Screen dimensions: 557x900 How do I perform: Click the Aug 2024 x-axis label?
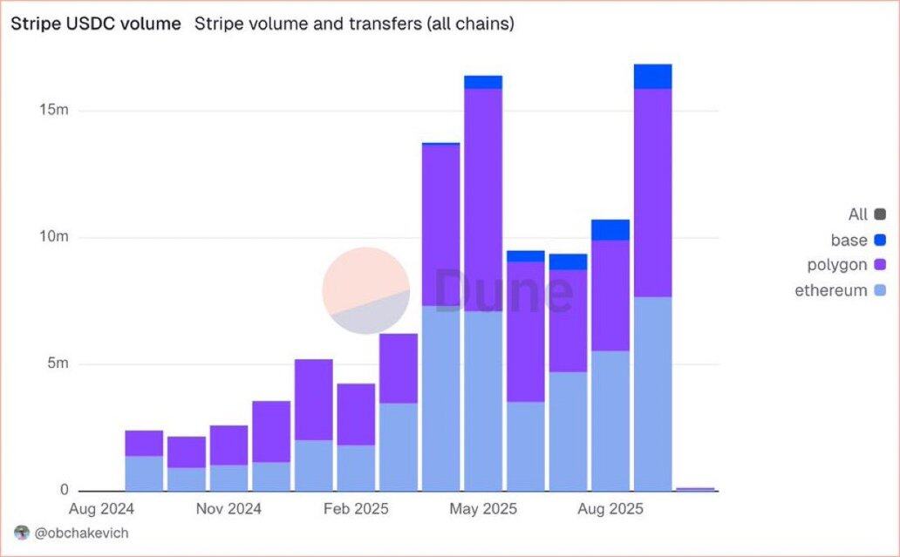click(x=103, y=509)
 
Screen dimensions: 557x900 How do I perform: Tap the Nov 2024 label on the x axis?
click(x=229, y=509)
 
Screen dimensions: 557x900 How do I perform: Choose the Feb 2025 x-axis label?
click(x=357, y=509)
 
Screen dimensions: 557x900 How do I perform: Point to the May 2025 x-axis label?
click(x=483, y=509)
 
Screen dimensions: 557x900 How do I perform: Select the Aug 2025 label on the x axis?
click(x=610, y=509)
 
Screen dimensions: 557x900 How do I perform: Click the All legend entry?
click(x=858, y=214)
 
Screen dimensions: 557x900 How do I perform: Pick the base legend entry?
click(x=849, y=240)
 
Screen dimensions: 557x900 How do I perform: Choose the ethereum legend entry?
click(x=831, y=290)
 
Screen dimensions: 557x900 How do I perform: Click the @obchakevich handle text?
click(x=81, y=532)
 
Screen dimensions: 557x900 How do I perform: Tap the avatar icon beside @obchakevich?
click(x=23, y=532)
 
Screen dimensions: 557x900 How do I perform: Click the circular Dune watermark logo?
click(x=366, y=290)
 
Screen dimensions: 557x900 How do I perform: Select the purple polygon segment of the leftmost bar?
click(x=144, y=443)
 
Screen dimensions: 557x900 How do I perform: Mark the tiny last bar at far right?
click(x=695, y=489)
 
